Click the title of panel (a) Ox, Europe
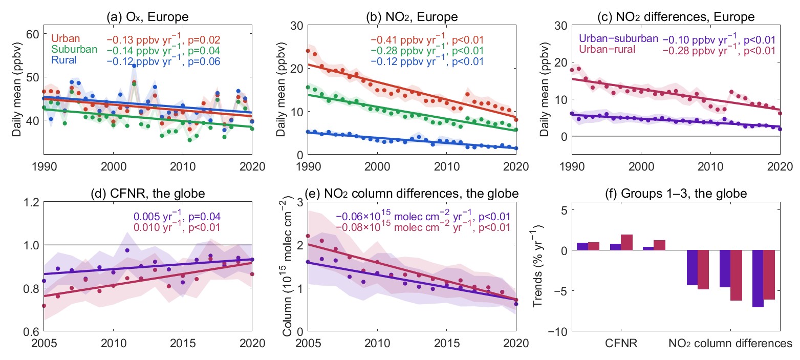tap(147, 17)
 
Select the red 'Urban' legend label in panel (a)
tap(66, 39)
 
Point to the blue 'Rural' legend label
tap(64, 60)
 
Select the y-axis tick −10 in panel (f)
tap(555, 331)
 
